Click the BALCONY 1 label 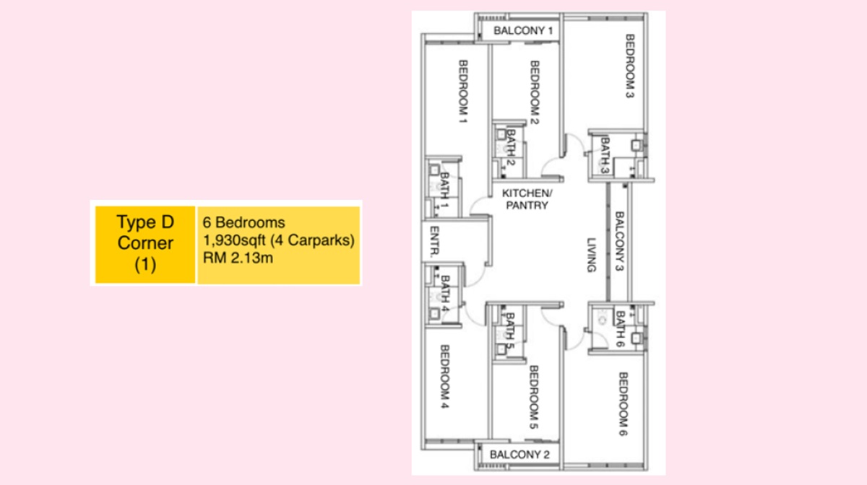point(523,30)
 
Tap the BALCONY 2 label point(519,455)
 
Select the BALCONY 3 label point(620,241)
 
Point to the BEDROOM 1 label point(463,92)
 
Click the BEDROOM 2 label point(535,92)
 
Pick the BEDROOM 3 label point(630,66)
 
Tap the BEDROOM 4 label point(445,376)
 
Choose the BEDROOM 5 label point(534,397)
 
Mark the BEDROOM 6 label point(623,404)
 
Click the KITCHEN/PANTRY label point(527,199)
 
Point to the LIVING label point(592,255)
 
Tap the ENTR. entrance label point(434,242)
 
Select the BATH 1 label point(444,191)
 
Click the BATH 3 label point(605,155)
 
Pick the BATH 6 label point(620,329)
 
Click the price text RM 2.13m point(238,258)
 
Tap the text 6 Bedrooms point(244,222)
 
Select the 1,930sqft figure point(234,240)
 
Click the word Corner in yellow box point(145,243)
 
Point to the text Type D point(145,222)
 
